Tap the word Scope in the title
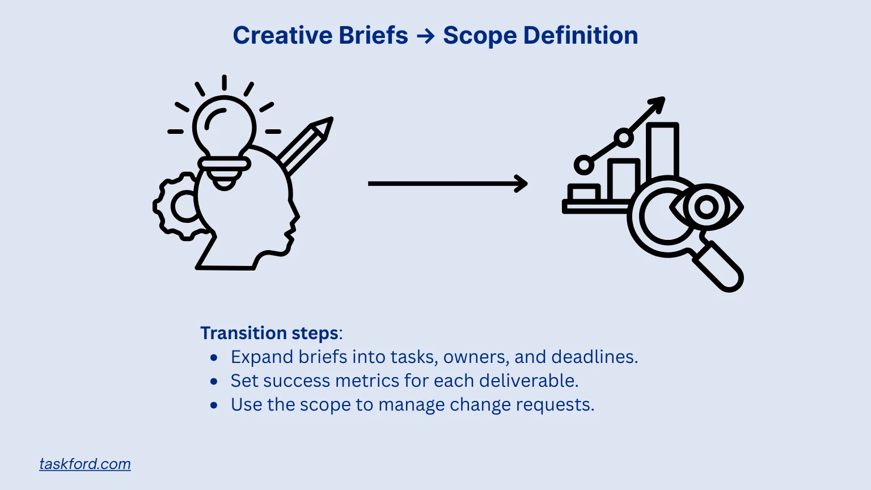tap(479, 36)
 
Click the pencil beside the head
tap(306, 145)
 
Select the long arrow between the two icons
tap(447, 184)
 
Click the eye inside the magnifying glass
tap(707, 207)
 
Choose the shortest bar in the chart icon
tap(584, 193)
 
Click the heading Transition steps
tap(270, 333)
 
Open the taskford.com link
tap(85, 464)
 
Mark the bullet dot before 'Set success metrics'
tap(214, 382)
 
